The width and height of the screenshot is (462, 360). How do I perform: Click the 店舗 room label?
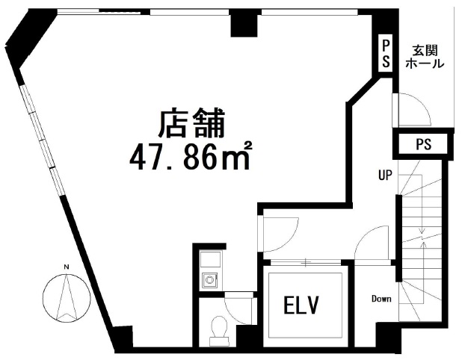(x=192, y=123)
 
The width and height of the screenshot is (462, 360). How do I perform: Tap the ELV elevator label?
(x=301, y=305)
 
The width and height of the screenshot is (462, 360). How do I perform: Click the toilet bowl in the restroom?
(x=219, y=330)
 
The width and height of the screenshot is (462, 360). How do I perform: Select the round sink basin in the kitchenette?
(x=209, y=279)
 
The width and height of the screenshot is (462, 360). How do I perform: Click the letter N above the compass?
(x=67, y=267)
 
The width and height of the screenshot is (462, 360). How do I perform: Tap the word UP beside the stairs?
(x=386, y=176)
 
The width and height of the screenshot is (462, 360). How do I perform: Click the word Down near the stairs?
(x=381, y=299)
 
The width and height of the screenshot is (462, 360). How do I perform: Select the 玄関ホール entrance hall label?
(x=425, y=57)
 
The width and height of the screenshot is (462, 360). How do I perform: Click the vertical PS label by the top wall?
(x=386, y=55)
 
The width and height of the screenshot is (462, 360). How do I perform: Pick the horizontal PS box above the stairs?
(x=423, y=144)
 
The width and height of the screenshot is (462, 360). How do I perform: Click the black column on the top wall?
(x=244, y=25)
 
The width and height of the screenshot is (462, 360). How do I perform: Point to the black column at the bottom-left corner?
(x=122, y=338)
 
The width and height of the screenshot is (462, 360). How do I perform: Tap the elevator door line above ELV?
(x=306, y=261)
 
